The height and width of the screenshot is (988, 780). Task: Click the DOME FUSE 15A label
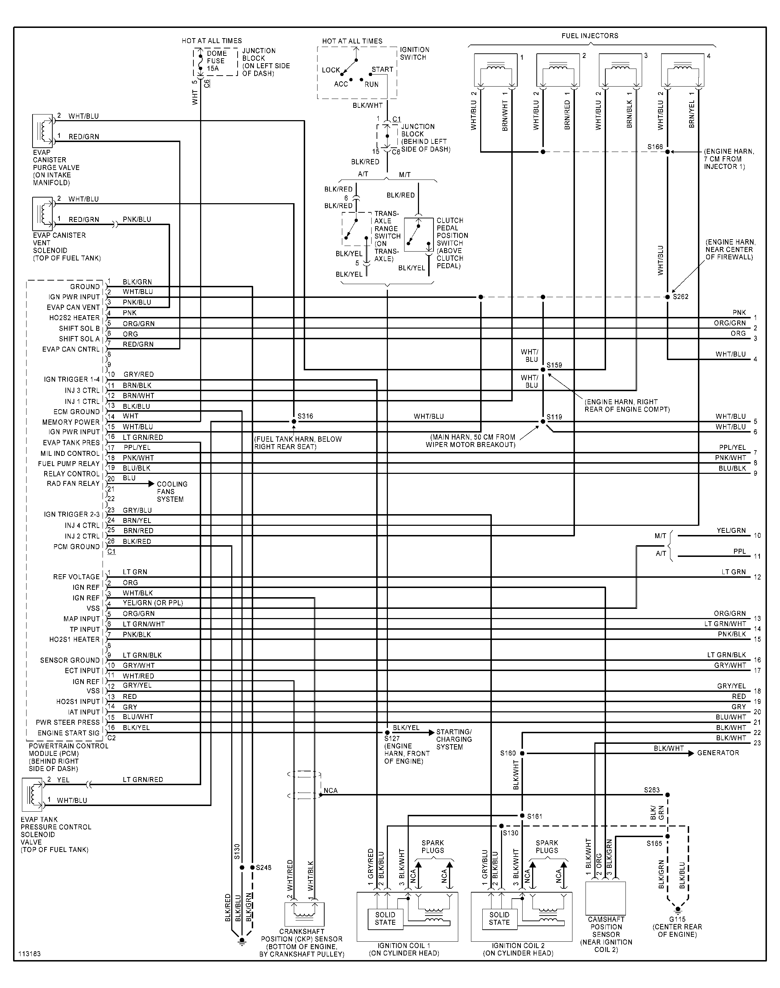(x=216, y=61)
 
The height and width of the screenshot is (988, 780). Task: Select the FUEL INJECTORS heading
(x=589, y=36)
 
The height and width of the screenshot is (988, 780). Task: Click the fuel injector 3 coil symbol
(x=621, y=71)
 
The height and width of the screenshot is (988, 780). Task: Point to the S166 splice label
(x=655, y=147)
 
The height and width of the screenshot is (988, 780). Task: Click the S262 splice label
(x=680, y=296)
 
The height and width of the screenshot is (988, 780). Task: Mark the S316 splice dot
(x=293, y=421)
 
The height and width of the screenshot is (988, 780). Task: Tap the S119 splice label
(x=554, y=417)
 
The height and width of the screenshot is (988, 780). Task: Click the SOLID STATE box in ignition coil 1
(x=385, y=918)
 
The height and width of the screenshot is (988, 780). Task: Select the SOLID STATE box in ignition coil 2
(x=499, y=918)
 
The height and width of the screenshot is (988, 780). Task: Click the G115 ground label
(x=677, y=919)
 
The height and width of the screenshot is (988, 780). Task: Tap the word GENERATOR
(x=718, y=753)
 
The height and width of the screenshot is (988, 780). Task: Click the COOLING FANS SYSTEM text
(x=172, y=492)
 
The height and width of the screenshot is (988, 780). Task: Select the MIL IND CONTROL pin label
(x=70, y=453)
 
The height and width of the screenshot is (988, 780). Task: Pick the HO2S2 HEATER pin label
(x=74, y=318)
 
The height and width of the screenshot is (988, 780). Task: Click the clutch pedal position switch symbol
(x=418, y=235)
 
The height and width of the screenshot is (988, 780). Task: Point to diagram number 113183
(x=30, y=954)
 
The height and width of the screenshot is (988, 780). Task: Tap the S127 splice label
(x=392, y=738)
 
